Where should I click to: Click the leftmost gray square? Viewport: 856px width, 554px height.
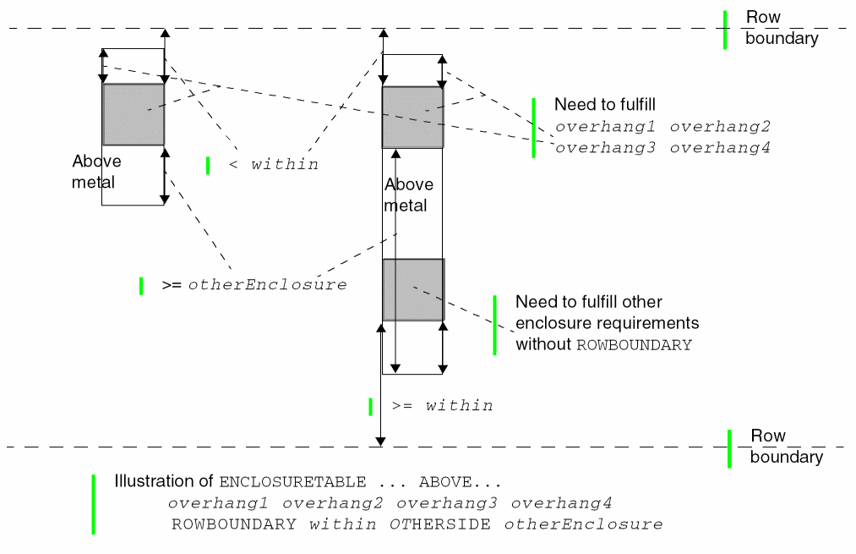pyautogui.click(x=134, y=114)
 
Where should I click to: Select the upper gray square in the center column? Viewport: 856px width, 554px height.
pyautogui.click(x=412, y=118)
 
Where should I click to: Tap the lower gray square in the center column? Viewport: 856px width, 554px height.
pyautogui.click(x=413, y=290)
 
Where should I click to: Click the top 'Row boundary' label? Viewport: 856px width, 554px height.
pyautogui.click(x=782, y=28)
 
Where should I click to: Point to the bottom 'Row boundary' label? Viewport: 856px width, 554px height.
pyautogui.click(x=787, y=447)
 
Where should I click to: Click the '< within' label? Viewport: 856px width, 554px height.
pyautogui.click(x=274, y=165)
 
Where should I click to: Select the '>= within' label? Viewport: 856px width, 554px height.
pyautogui.click(x=442, y=406)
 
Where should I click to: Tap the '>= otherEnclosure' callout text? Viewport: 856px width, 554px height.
pyautogui.click(x=254, y=285)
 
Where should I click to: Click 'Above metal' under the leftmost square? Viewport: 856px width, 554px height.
pyautogui.click(x=96, y=172)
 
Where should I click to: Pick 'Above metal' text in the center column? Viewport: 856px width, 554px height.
pyautogui.click(x=409, y=195)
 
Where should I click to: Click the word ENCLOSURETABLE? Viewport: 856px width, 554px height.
pyautogui.click(x=292, y=482)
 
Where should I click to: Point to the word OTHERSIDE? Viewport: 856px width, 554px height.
pyautogui.click(x=439, y=524)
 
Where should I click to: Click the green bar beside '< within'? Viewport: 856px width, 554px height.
pyautogui.click(x=208, y=166)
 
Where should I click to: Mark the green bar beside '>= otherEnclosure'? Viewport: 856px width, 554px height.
pyautogui.click(x=141, y=286)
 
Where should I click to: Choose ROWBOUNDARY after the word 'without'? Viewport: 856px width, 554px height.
pyautogui.click(x=634, y=345)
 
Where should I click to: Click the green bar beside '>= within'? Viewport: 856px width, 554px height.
pyautogui.click(x=370, y=407)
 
